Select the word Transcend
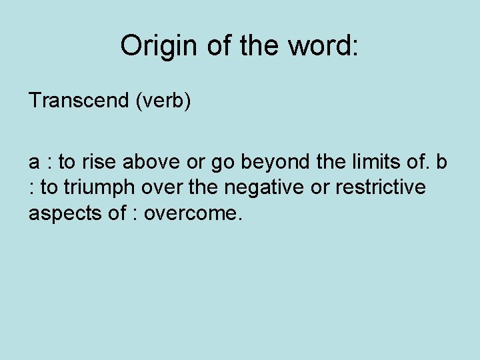coord(79,101)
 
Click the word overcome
coord(205,214)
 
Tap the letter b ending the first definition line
coord(441,162)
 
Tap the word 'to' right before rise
coord(67,162)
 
